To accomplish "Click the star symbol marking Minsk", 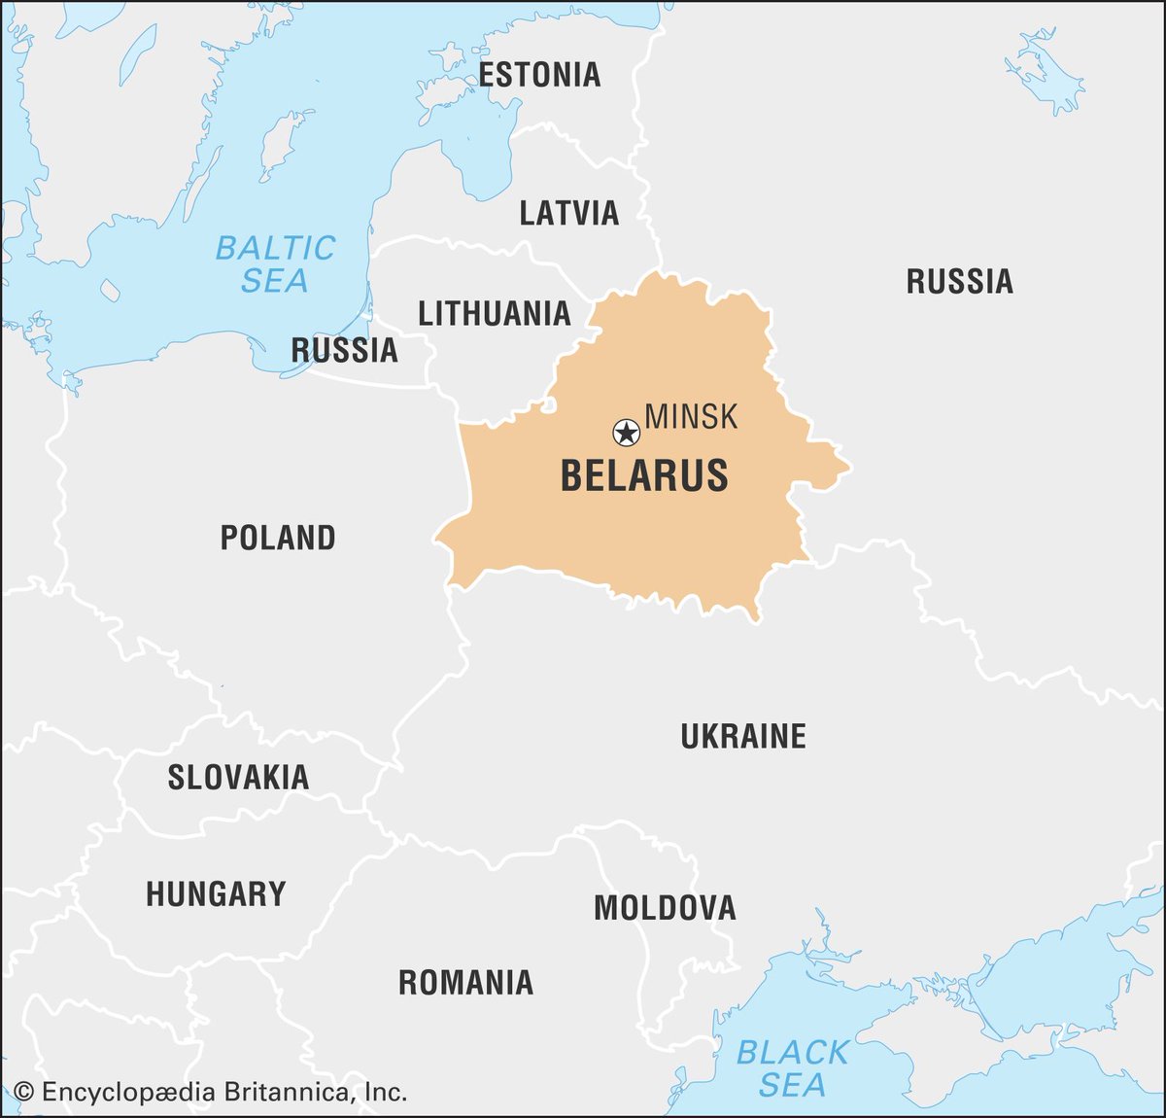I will (x=627, y=432).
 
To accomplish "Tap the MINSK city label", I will (x=691, y=417).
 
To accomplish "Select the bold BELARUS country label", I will (x=644, y=476).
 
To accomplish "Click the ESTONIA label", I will (x=539, y=75).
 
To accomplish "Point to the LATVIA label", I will (x=568, y=213).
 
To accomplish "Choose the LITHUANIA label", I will (x=494, y=313).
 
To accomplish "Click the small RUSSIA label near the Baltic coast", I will (x=344, y=350).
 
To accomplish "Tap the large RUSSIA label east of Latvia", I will (x=959, y=282).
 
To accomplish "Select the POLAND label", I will (x=278, y=538).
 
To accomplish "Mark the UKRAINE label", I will (x=742, y=736).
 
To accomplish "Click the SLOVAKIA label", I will (x=238, y=778).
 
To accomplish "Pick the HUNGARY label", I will (x=216, y=894).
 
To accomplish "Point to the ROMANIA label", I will (x=465, y=983).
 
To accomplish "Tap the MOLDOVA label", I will (x=665, y=908).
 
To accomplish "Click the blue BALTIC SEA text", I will (x=275, y=263).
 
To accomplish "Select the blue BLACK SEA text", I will (x=792, y=1068).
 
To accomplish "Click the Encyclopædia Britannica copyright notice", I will (x=211, y=1093).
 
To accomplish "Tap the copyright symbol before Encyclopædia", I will (x=24, y=1093).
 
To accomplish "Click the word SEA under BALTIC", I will (x=275, y=281).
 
